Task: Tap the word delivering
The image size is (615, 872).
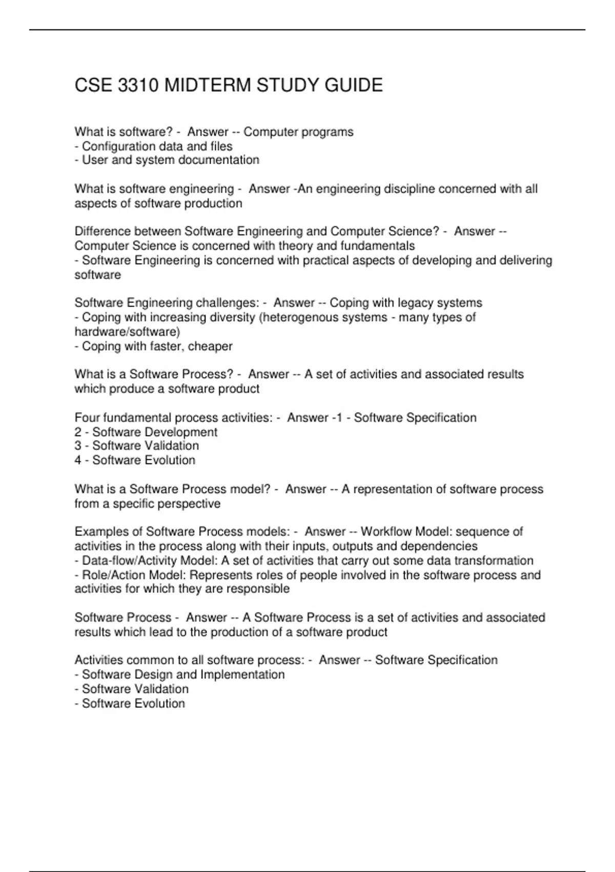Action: pos(523,261)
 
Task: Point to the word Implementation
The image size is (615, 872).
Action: pos(242,675)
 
